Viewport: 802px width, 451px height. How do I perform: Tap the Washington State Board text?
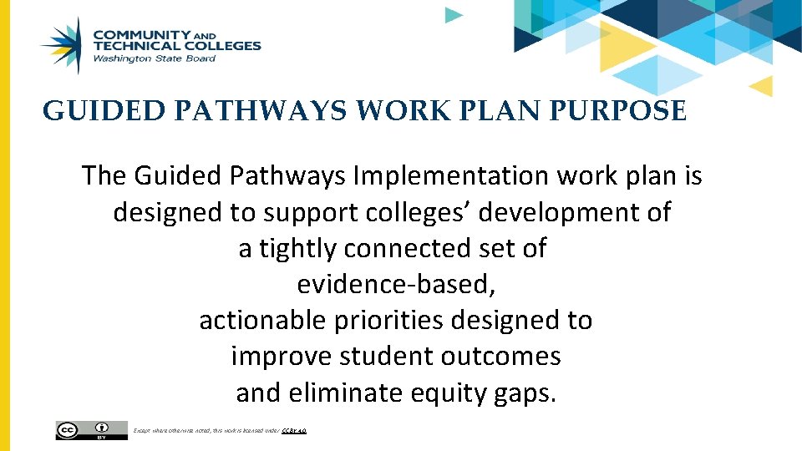tap(154, 58)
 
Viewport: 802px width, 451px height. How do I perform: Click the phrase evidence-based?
tap(396, 285)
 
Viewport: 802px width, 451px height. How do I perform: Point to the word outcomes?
tap(504, 357)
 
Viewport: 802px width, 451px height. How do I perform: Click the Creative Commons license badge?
tap(92, 429)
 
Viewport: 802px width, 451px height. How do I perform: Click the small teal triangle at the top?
tap(453, 14)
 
